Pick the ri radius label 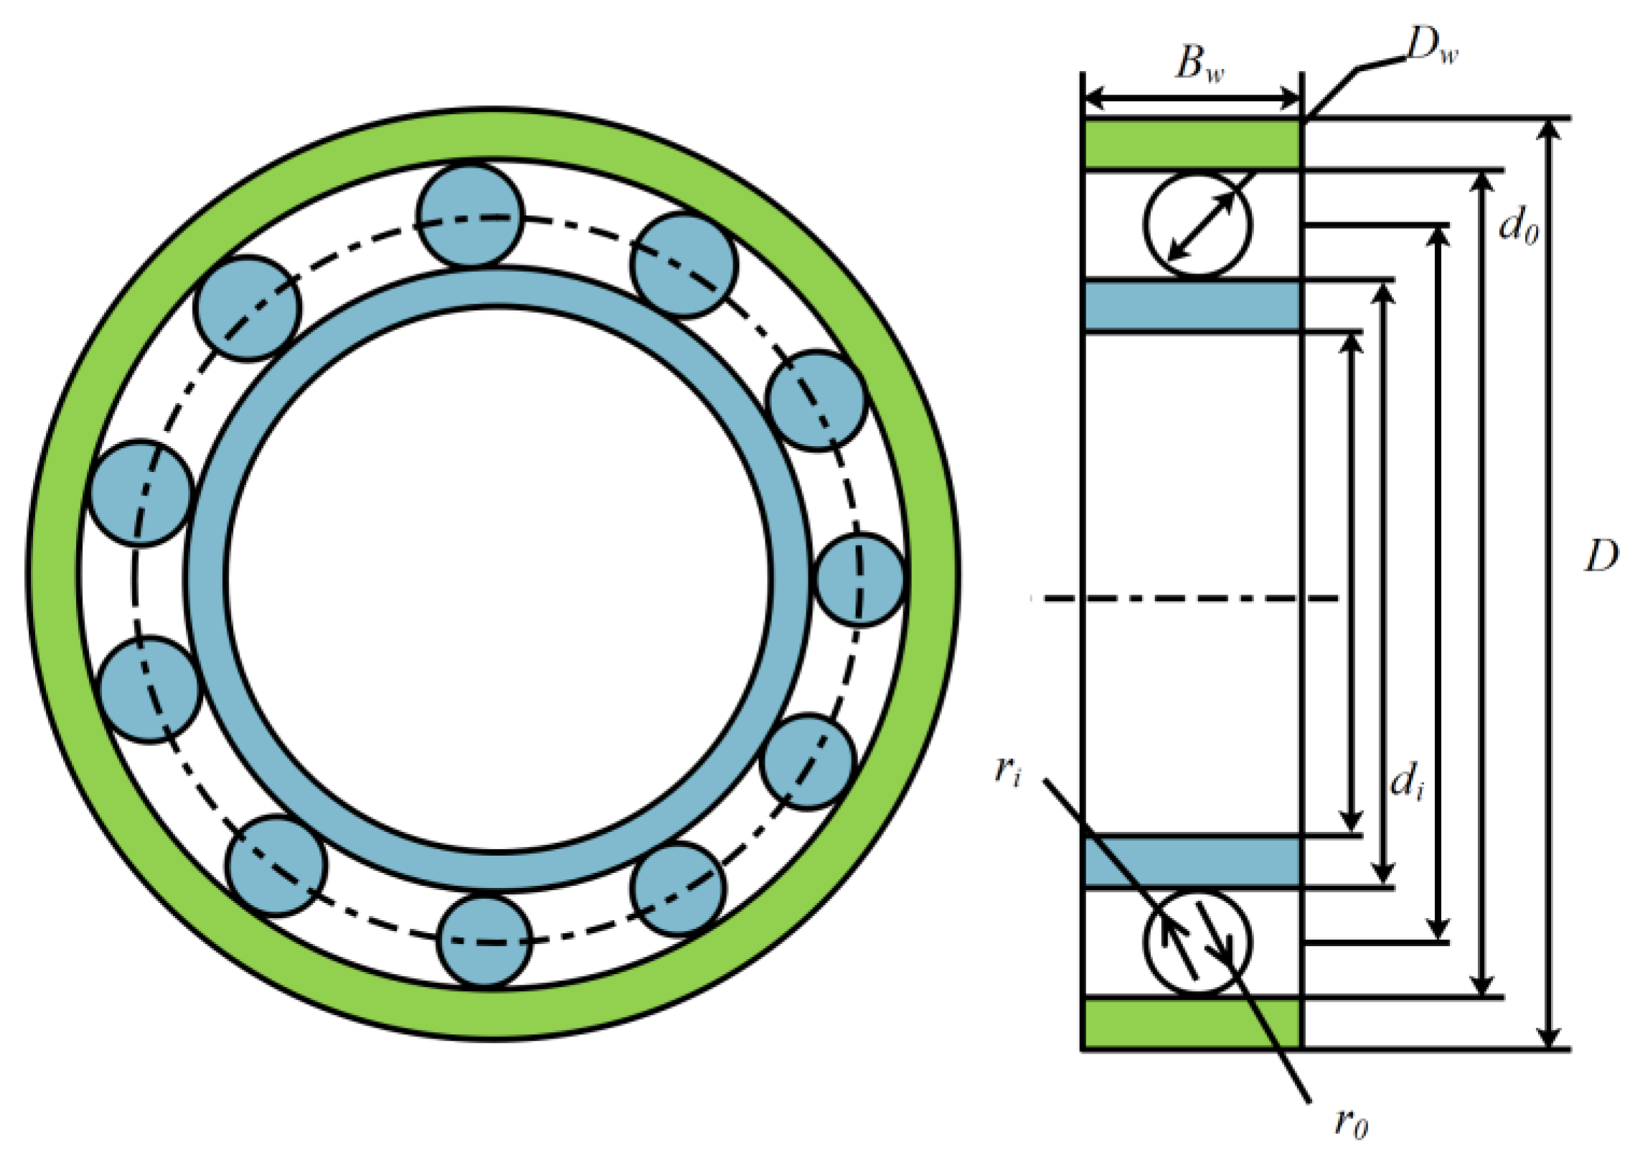coord(1007,770)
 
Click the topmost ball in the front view coord(470,216)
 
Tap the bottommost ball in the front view coord(484,940)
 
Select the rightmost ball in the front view coord(861,579)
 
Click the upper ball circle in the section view coord(1197,225)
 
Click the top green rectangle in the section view coord(1192,143)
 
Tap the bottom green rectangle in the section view coord(1192,1024)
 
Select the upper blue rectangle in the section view coord(1192,306)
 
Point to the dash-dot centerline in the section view coord(1186,598)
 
